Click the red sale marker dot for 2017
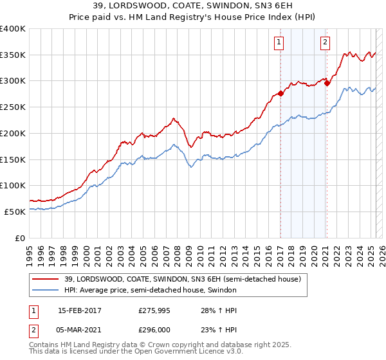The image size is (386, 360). [x=280, y=93]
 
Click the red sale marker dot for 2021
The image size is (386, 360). [x=327, y=82]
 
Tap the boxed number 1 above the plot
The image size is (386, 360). [x=279, y=43]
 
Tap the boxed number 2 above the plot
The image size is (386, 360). [x=325, y=43]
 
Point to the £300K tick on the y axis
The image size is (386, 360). [x=12, y=81]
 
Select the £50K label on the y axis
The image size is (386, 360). [x=15, y=212]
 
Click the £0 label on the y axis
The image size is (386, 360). [x=19, y=238]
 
